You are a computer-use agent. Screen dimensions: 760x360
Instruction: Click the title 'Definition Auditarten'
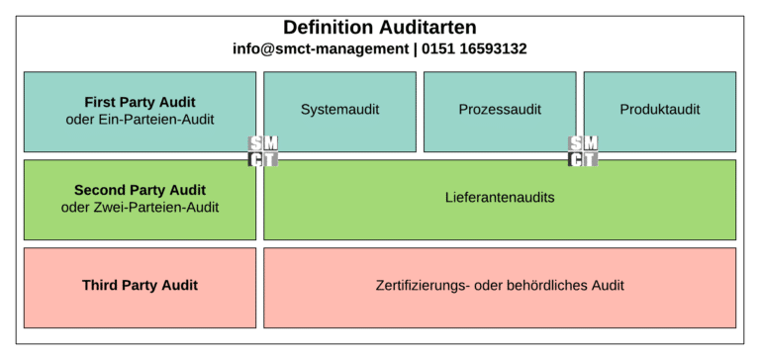click(380, 28)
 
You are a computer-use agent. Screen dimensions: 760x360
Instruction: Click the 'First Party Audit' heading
click(140, 102)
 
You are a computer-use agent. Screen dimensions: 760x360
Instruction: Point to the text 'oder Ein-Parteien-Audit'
click(140, 119)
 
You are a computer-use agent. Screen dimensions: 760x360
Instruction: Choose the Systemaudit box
click(339, 110)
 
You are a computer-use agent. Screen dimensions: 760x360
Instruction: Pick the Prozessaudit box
click(500, 110)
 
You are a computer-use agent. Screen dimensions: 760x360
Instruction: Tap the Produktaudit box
click(659, 110)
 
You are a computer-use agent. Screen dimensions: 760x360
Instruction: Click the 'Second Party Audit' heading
click(140, 190)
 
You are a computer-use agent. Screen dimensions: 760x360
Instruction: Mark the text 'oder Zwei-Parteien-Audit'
click(140, 207)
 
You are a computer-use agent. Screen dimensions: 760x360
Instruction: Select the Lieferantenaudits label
click(500, 198)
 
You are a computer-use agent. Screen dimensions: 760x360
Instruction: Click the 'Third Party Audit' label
click(140, 286)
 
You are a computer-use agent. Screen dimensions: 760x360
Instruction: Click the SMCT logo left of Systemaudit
click(263, 151)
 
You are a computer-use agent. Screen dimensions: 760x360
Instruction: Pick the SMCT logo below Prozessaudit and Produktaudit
click(583, 151)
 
